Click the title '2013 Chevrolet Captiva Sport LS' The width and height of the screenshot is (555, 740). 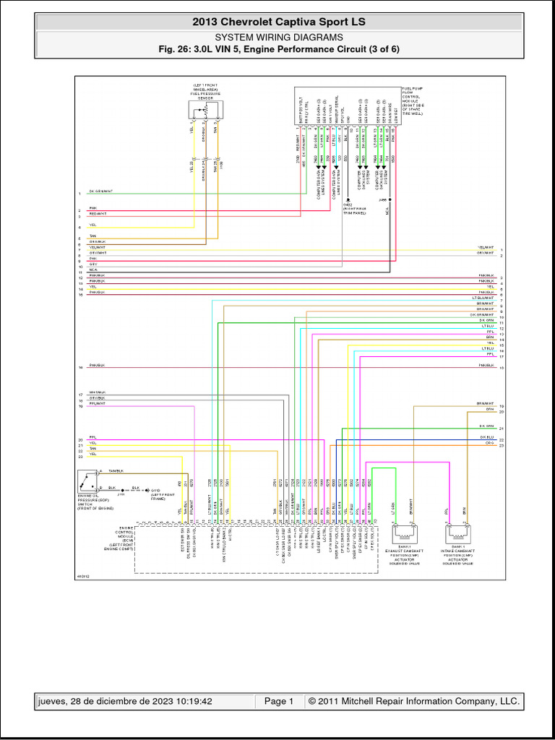pos(278,22)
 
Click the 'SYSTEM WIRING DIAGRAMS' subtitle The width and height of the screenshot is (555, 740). pos(278,37)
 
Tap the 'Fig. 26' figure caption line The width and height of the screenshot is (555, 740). pos(278,49)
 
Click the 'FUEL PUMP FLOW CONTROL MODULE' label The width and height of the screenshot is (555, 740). pos(412,100)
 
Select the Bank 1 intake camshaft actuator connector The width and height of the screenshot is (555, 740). pos(459,533)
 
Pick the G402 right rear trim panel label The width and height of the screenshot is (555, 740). pos(353,211)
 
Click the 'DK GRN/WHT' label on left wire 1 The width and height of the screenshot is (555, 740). pos(100,192)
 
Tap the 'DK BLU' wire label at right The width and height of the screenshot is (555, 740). pos(486,436)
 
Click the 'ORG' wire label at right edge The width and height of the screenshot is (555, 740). pos(489,442)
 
